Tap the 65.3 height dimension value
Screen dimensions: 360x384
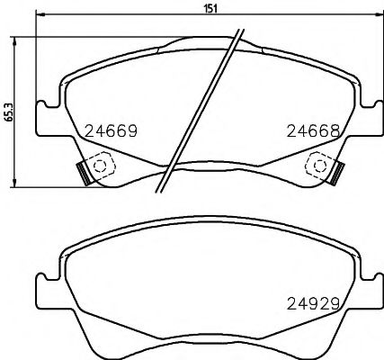[8, 111]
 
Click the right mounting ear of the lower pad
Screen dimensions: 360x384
[369, 292]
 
